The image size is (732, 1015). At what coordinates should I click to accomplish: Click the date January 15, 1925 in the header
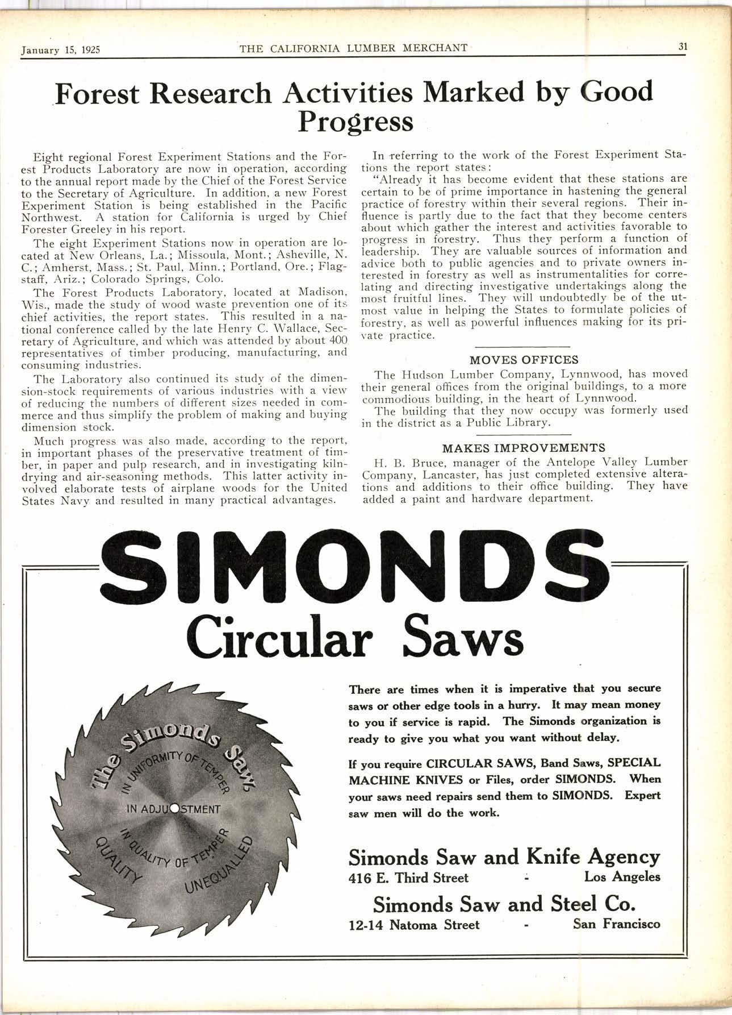60,49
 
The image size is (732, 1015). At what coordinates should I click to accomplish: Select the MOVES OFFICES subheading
524,360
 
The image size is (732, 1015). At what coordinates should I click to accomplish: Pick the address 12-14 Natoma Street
414,925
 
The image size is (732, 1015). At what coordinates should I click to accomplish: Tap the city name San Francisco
616,924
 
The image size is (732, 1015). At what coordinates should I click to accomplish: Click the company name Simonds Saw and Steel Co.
503,904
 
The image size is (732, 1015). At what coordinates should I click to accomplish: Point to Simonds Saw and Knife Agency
504,856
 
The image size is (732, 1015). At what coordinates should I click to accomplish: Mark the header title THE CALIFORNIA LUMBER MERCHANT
353,48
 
